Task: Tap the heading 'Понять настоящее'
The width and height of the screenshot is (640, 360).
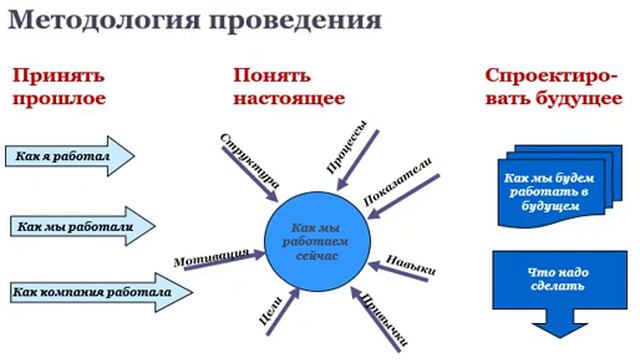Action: coord(289,87)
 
